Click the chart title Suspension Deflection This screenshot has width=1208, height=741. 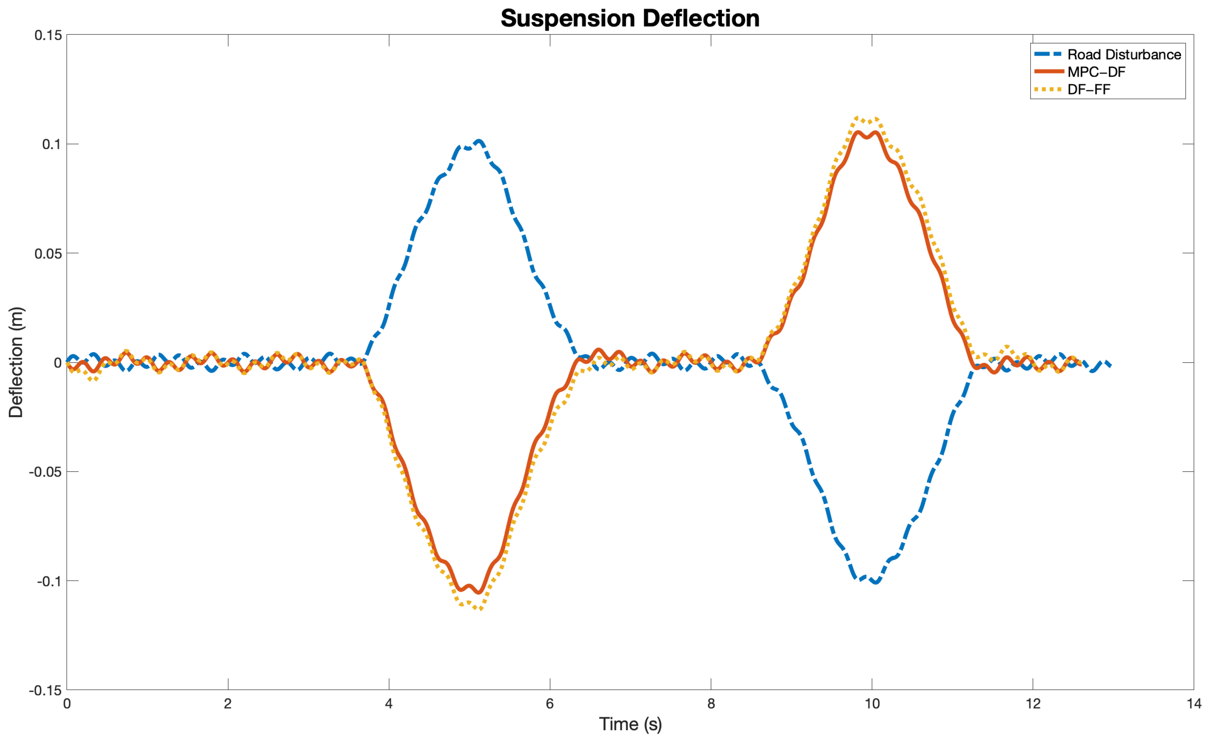(629, 19)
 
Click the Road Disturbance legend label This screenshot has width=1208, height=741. (1124, 55)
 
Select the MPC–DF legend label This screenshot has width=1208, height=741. (1096, 72)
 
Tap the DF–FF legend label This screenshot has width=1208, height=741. (1089, 89)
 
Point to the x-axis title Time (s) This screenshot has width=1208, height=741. (630, 723)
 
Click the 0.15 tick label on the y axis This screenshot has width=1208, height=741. (48, 35)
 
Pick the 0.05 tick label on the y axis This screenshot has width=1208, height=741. (48, 253)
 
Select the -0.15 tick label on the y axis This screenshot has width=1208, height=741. (46, 690)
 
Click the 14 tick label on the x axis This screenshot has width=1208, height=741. (1194, 704)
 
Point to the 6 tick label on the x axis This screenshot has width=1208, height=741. (549, 704)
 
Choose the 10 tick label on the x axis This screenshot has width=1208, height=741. (872, 704)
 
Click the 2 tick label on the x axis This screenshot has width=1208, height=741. (228, 704)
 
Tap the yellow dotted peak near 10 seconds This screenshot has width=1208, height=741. (857, 118)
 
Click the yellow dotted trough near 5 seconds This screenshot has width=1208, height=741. (480, 609)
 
